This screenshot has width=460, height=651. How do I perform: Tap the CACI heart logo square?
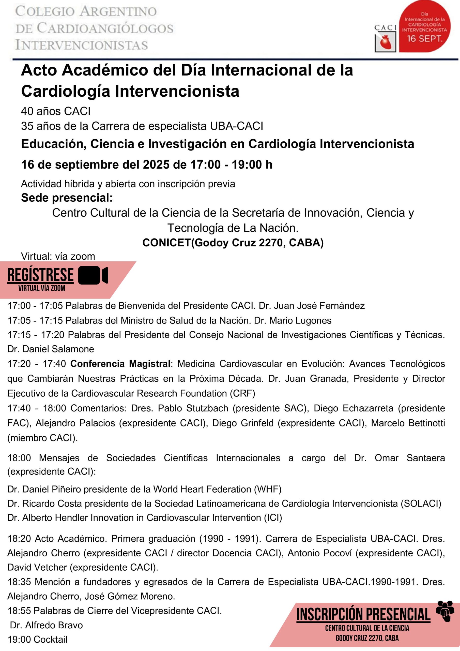[x=385, y=42]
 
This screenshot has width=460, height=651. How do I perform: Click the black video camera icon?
[x=93, y=275]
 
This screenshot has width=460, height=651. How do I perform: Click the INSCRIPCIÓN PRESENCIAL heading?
[x=363, y=614]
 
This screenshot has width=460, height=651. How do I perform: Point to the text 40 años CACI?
[x=56, y=111]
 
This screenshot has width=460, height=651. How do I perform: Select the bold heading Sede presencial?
[x=67, y=198]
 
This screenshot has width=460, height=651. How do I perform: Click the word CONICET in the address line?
[x=167, y=242]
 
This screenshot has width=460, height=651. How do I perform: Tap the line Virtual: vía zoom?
[x=58, y=256]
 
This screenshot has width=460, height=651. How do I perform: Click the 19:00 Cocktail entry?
[x=37, y=639]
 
